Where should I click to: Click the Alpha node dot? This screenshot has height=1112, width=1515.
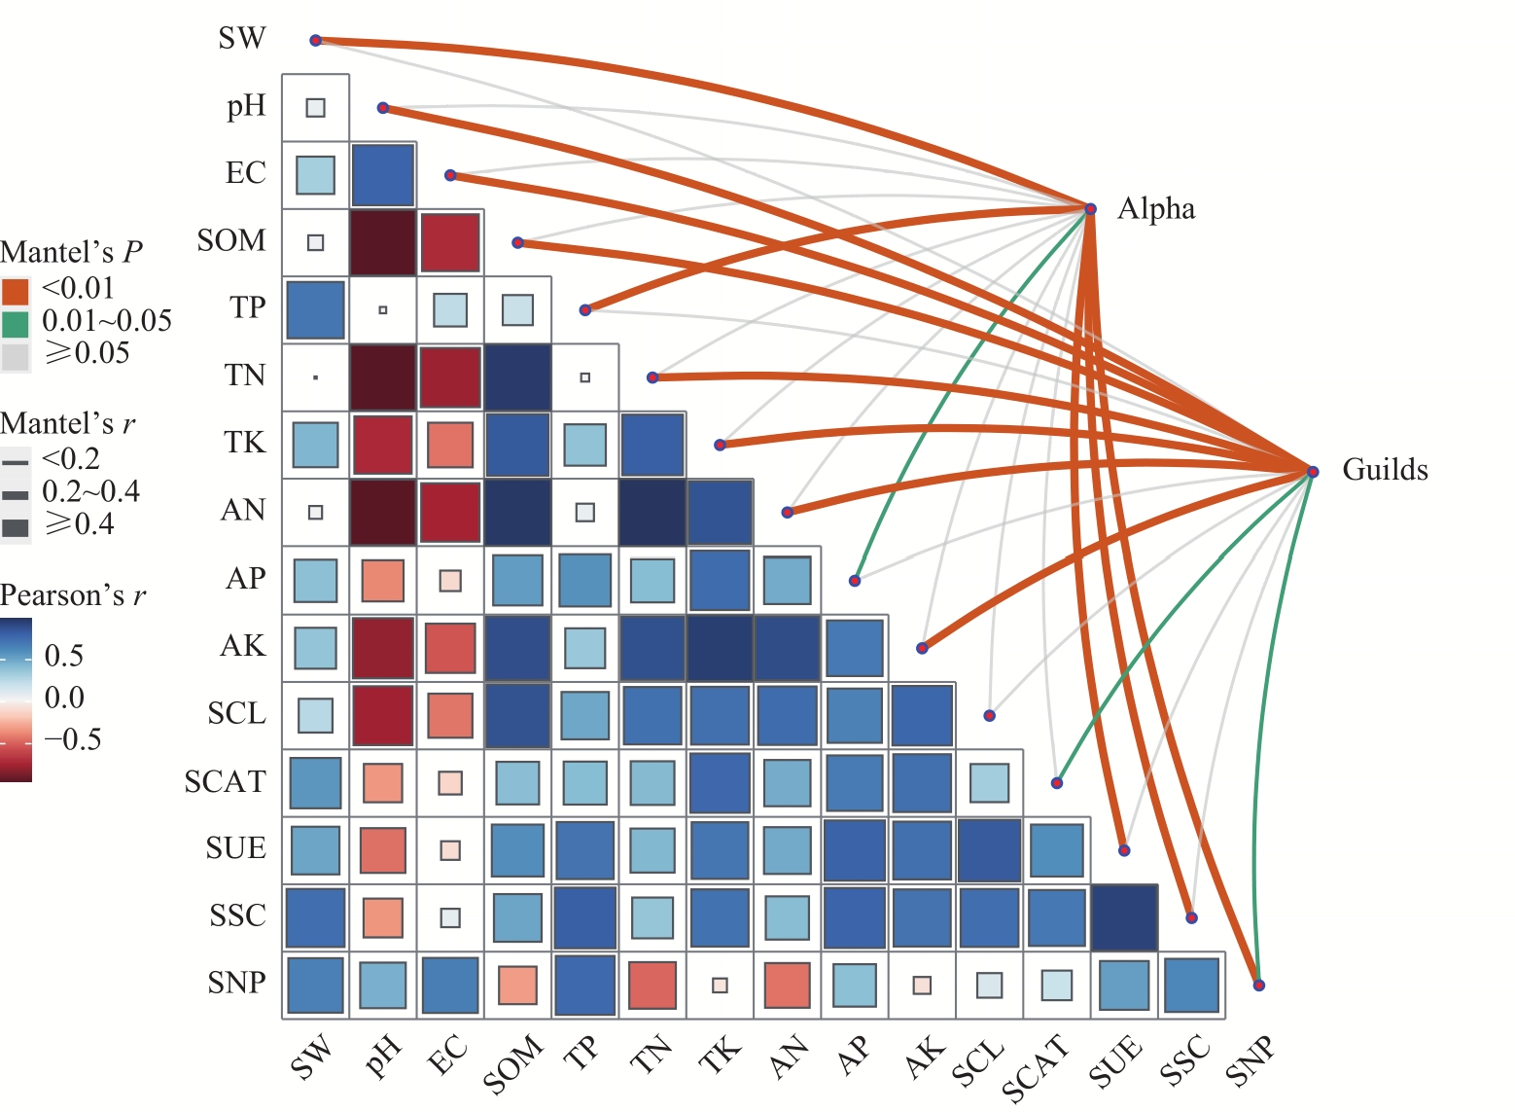pos(1091,209)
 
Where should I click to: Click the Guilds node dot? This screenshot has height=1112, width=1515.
pos(1313,472)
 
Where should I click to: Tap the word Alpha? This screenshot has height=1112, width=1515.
pos(1156,209)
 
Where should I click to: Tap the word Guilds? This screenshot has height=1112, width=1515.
pos(1385,471)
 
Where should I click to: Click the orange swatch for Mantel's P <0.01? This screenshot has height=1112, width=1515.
pos(16,290)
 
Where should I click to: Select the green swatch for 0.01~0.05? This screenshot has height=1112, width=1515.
pos(16,322)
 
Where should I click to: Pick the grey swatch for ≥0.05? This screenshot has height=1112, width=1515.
pos(16,355)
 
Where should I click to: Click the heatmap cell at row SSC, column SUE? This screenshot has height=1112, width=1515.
pos(1124,917)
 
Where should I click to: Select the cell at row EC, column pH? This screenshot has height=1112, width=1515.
pos(383,175)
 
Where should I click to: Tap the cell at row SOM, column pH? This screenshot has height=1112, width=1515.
pos(383,242)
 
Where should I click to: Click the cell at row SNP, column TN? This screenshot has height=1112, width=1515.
pos(652,985)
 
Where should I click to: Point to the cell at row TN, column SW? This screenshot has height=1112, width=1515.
pos(315,377)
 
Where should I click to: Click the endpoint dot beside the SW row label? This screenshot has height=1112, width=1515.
pos(315,40)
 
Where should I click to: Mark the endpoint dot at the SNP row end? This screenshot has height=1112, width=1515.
pos(1259,986)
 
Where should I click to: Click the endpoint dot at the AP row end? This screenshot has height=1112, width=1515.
pos(855,581)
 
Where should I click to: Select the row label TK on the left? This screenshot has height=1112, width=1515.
pos(244,443)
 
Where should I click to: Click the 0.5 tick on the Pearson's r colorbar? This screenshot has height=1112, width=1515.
pos(64,656)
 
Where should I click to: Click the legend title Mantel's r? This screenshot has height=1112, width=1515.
pos(68,424)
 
